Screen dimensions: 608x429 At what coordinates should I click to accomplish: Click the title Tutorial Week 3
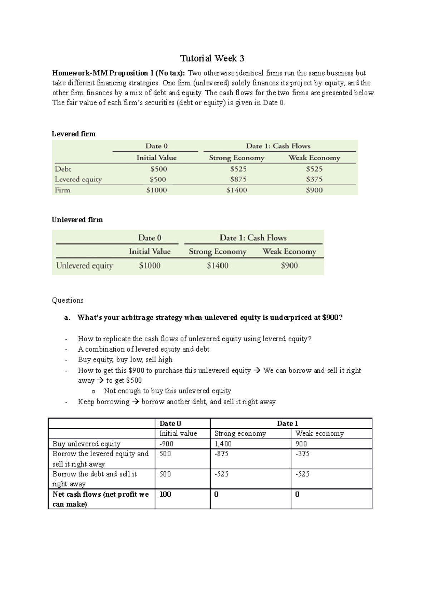(x=212, y=58)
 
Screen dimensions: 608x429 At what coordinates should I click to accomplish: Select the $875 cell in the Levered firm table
(x=238, y=179)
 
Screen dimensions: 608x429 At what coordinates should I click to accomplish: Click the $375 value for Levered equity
(x=314, y=179)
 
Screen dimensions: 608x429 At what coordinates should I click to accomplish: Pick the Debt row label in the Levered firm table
(x=63, y=169)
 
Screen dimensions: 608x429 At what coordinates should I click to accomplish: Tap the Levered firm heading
(x=74, y=134)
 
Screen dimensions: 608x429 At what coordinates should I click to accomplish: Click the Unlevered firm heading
(x=77, y=220)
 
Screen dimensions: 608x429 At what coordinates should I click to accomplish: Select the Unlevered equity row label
(x=84, y=266)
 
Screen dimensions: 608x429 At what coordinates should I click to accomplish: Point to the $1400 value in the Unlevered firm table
(x=217, y=266)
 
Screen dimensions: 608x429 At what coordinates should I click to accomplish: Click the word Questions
(x=68, y=300)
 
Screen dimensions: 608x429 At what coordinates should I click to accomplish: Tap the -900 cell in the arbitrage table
(x=167, y=444)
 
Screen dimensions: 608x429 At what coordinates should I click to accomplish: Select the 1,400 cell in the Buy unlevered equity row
(x=223, y=444)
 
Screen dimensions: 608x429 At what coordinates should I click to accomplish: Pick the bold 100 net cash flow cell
(x=165, y=494)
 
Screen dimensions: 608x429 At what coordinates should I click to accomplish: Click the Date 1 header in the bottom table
(x=287, y=424)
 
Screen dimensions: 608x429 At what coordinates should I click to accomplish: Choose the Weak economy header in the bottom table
(x=319, y=434)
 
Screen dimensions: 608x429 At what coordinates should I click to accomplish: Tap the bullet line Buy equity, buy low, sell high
(x=125, y=360)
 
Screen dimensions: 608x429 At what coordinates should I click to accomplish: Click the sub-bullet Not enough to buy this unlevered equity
(x=167, y=391)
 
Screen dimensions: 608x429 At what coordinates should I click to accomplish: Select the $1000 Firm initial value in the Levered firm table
(x=157, y=190)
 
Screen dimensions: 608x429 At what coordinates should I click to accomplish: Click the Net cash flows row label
(x=100, y=499)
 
